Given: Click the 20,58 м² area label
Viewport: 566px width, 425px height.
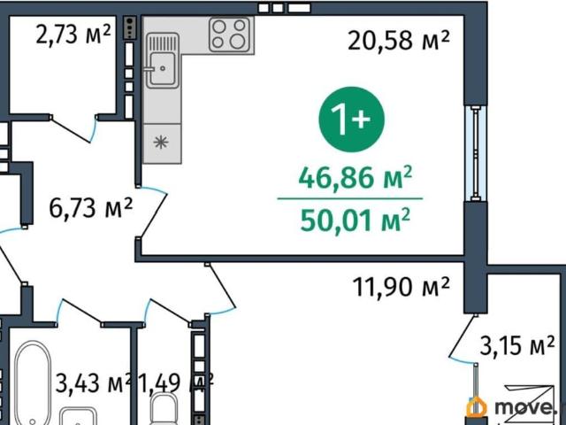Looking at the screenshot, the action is pyautogui.click(x=399, y=40).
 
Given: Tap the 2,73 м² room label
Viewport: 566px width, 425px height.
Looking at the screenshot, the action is pyautogui.click(x=73, y=35).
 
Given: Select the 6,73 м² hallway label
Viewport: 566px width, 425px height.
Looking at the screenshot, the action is pyautogui.click(x=90, y=208).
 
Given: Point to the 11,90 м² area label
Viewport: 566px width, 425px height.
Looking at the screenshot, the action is pyautogui.click(x=401, y=287).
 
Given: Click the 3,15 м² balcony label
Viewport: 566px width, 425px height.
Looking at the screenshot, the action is pyautogui.click(x=516, y=345).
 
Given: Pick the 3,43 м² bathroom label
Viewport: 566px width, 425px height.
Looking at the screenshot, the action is pyautogui.click(x=93, y=383).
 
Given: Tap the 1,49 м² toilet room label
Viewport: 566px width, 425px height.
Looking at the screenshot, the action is pyautogui.click(x=176, y=383).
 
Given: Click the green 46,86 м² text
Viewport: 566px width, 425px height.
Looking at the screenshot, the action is pyautogui.click(x=356, y=178).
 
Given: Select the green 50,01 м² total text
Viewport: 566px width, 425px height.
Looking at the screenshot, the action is pyautogui.click(x=356, y=220).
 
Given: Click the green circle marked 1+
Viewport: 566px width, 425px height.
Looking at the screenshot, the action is pyautogui.click(x=352, y=120).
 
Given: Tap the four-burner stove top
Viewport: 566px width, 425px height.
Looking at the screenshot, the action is pyautogui.click(x=229, y=35).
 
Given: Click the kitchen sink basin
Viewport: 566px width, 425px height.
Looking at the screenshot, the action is pyautogui.click(x=163, y=68).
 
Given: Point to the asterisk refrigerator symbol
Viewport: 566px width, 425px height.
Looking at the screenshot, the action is pyautogui.click(x=161, y=142).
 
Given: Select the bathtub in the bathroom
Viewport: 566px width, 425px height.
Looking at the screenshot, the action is pyautogui.click(x=32, y=383).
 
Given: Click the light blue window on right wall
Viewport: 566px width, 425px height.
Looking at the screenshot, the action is pyautogui.click(x=476, y=153).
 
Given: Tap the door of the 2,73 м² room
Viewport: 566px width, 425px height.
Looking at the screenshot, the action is pyautogui.click(x=73, y=128).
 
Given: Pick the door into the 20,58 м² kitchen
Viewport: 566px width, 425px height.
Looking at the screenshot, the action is pyautogui.click(x=152, y=212).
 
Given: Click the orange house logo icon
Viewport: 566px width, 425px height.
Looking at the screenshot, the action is pyautogui.click(x=476, y=406).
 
